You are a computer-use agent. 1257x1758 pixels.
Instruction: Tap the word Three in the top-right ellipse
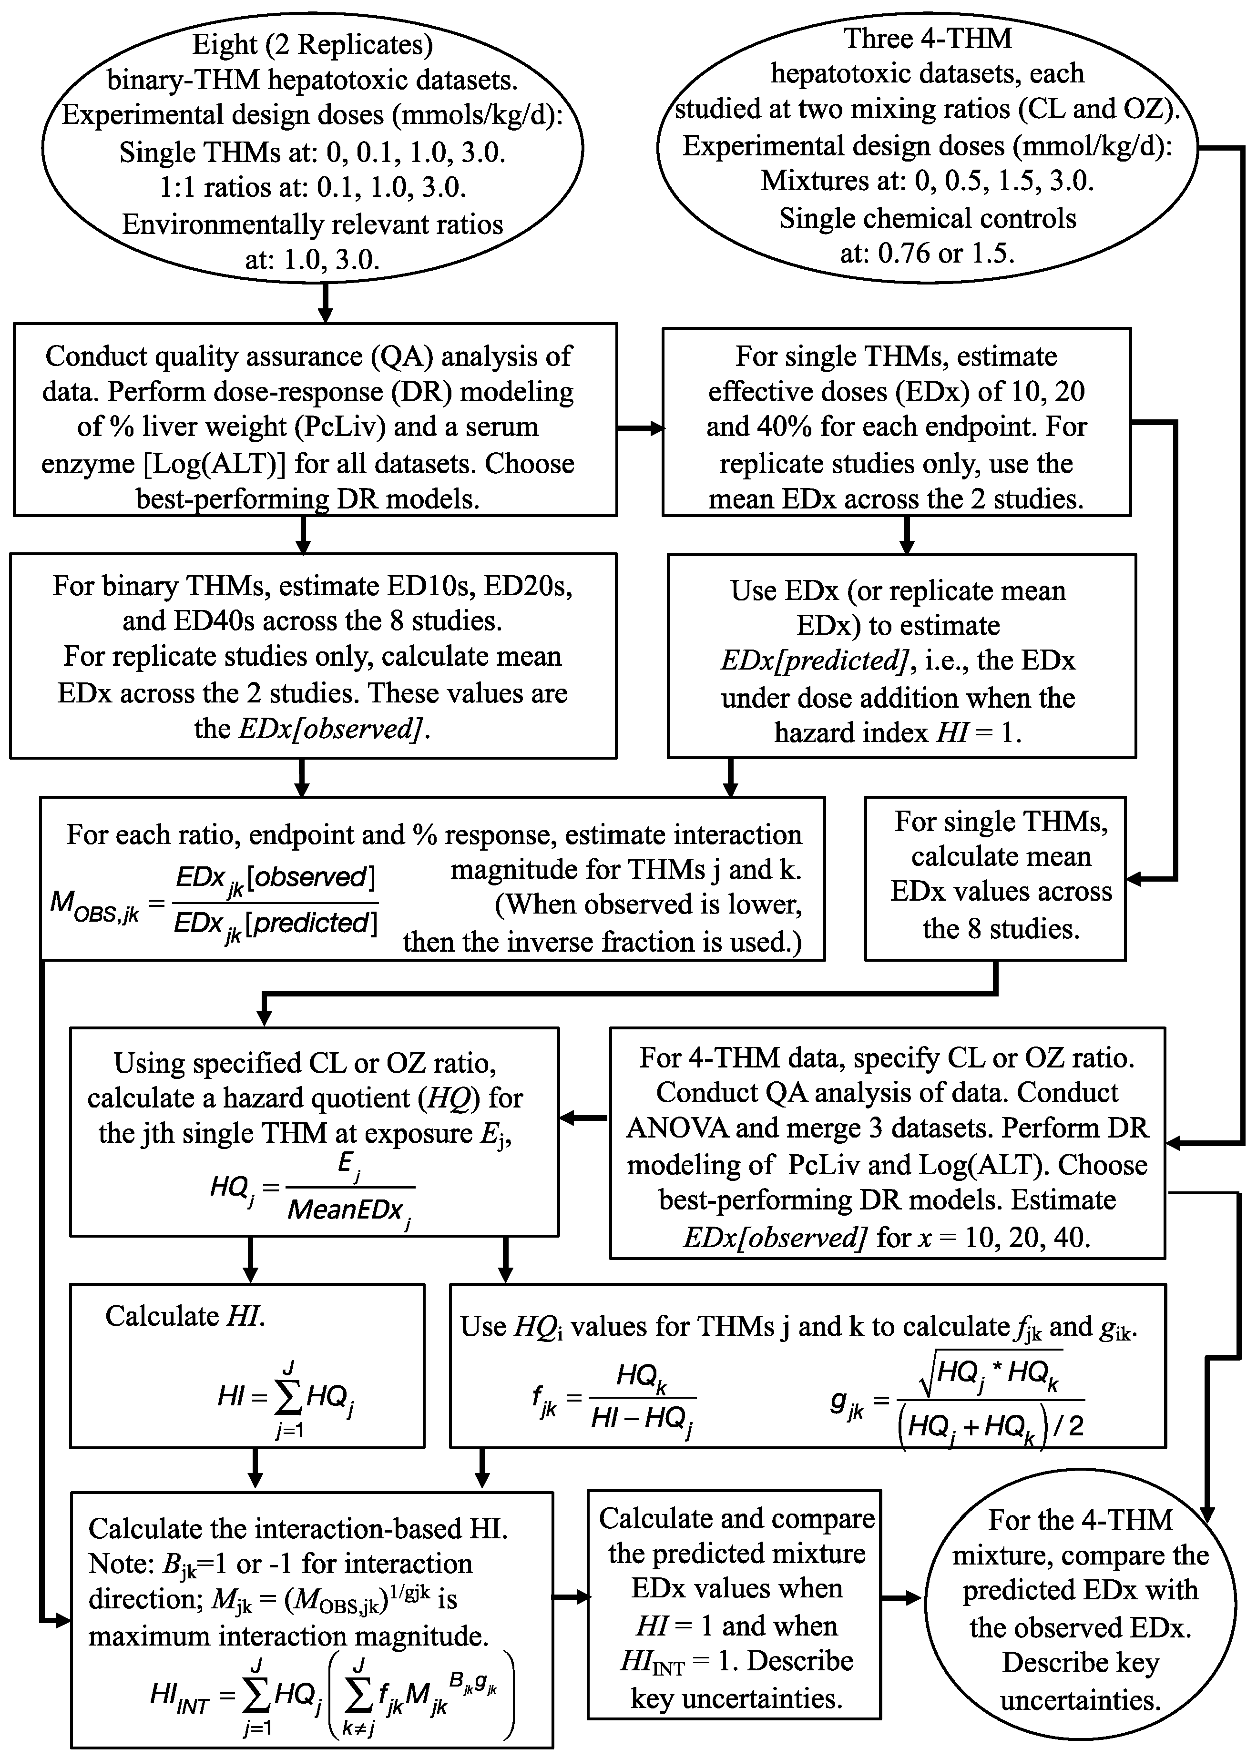[x=878, y=38]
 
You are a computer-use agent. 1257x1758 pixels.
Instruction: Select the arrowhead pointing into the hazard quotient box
[x=567, y=1118]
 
